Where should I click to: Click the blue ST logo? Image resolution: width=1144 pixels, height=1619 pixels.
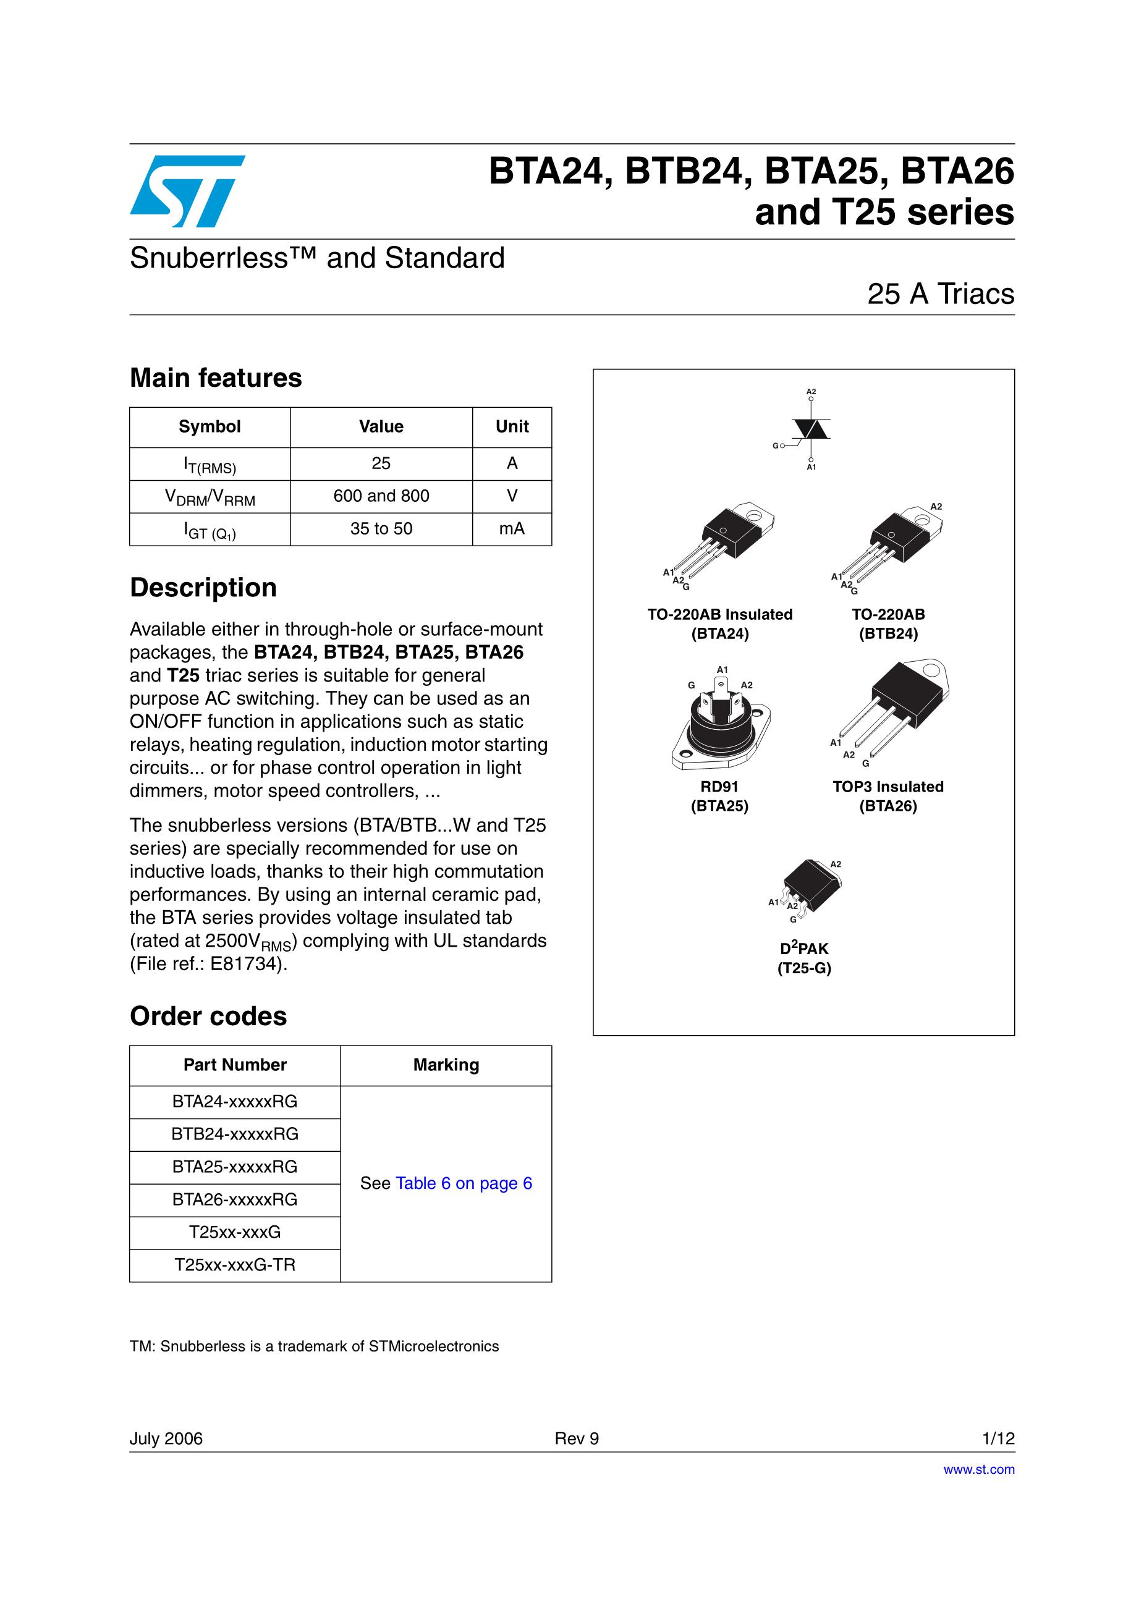(187, 191)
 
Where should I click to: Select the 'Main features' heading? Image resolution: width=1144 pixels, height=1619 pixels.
(216, 378)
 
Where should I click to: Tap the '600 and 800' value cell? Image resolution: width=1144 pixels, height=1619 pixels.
(381, 496)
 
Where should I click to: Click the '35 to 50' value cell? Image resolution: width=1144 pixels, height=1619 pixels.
(381, 529)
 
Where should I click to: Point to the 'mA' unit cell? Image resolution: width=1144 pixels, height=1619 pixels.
(511, 529)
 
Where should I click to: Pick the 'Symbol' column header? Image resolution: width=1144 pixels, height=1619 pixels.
(210, 426)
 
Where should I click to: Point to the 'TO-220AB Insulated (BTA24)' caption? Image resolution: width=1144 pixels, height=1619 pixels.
(719, 624)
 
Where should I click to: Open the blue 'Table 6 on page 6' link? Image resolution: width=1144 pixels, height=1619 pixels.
(464, 1183)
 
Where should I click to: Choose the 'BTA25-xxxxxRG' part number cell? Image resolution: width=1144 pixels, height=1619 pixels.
(235, 1167)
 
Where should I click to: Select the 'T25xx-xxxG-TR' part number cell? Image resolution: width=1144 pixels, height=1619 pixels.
(235, 1265)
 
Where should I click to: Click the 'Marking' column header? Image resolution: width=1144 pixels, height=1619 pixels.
(446, 1065)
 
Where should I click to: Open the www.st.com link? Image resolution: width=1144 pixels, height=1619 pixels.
(978, 1469)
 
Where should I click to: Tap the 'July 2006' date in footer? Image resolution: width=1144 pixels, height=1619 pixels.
(166, 1439)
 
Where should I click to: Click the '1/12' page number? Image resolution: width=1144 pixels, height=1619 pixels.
(998, 1439)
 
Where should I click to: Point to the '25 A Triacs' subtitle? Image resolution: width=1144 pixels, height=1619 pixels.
(940, 294)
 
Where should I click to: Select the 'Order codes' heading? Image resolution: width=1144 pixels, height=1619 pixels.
(208, 1016)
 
